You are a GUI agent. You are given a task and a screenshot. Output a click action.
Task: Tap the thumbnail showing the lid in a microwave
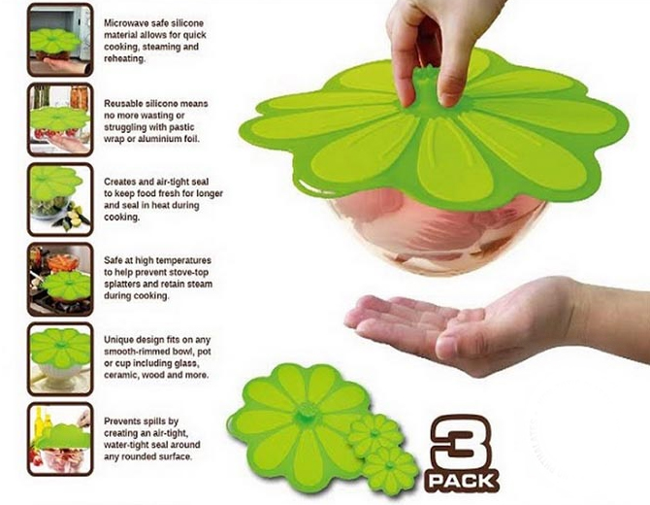point(60,40)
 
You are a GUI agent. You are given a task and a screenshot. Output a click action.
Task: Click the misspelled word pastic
point(180,127)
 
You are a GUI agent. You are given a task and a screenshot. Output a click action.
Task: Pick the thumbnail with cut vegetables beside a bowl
point(60,200)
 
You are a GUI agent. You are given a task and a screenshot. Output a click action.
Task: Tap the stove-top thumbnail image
point(60,280)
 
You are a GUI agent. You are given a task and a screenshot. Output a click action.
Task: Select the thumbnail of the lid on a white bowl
point(60,359)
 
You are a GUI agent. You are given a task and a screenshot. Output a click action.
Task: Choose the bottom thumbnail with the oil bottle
point(60,439)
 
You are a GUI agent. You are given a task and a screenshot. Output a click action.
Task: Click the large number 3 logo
point(462,441)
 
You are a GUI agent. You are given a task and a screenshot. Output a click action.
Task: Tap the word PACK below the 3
point(462,482)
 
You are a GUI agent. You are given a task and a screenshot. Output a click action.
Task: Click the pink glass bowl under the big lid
point(436,232)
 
